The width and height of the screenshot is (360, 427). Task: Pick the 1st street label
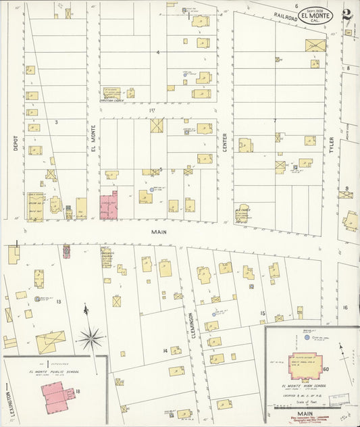tap(151, 109)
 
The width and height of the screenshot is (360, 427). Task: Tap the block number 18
tap(78, 391)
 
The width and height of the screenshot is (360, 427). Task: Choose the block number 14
tap(164, 351)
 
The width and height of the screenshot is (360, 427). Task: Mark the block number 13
tap(59, 301)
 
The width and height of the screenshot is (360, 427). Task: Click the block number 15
tap(263, 313)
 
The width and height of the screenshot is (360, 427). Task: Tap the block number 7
tap(275, 122)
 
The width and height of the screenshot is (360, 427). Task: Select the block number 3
tap(57, 122)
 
